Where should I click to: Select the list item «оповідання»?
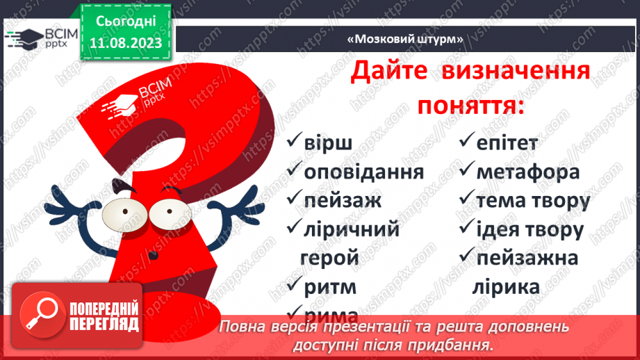click(364, 172)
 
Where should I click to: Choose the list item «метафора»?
click(528, 172)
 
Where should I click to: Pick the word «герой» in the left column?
click(329, 258)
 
